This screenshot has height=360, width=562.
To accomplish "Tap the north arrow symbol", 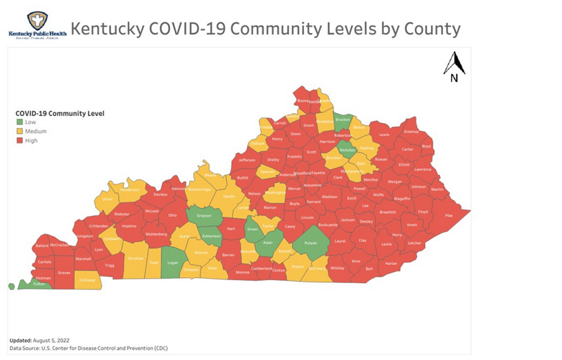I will [454, 67].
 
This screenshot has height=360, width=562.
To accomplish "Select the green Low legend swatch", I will [19, 123].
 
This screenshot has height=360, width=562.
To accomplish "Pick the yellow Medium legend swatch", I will [19, 132].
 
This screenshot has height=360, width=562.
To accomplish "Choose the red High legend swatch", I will [19, 140].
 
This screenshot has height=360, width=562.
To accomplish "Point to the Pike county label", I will [450, 215].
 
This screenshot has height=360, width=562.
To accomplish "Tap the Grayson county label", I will [203, 215].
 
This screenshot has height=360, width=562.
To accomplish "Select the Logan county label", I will [172, 264].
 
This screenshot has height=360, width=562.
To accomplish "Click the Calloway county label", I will [87, 280].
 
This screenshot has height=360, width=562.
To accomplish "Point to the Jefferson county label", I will [247, 160].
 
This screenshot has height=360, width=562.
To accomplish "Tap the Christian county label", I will [135, 257].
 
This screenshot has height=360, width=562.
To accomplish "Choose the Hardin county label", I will [229, 196].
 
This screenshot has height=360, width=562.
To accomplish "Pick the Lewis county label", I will [384, 135].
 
